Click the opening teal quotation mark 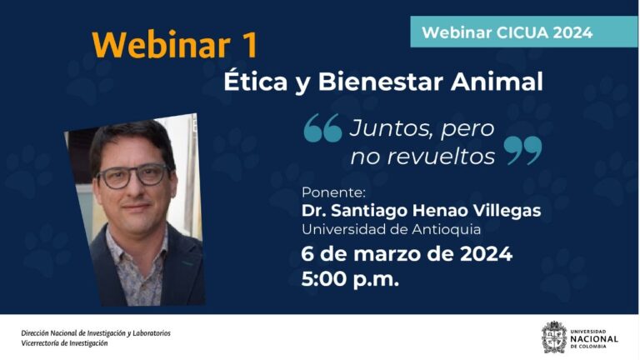click(322, 129)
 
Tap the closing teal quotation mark click(523, 152)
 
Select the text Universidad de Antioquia click(391, 229)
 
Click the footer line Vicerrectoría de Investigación click(64, 343)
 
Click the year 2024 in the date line click(483, 253)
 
